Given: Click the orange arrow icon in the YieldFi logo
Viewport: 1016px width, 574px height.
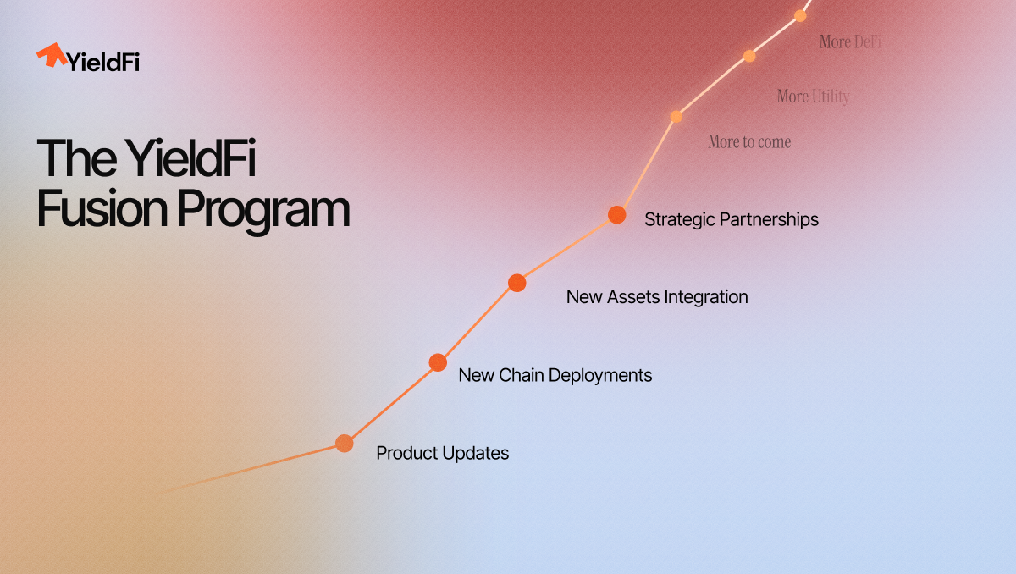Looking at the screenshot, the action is [52, 55].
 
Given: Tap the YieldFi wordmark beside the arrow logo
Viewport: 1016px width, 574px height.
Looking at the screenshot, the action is [103, 62].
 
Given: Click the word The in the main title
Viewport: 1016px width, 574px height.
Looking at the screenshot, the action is [76, 158].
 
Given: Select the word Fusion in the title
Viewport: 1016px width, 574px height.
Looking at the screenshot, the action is [102, 208].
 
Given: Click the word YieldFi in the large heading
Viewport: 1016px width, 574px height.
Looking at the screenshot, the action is [190, 157].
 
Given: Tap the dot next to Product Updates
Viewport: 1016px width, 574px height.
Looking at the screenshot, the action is [345, 443].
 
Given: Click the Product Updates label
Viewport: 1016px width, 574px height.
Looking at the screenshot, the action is [442, 453].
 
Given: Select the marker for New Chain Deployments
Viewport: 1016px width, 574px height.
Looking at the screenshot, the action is [438, 362].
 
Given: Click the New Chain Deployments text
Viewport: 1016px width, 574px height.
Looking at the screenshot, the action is [555, 375].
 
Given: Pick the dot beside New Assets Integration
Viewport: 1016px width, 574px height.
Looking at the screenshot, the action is [516, 283].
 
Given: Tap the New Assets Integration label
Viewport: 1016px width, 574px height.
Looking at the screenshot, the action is [657, 297].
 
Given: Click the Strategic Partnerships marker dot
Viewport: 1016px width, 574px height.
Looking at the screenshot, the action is [617, 214].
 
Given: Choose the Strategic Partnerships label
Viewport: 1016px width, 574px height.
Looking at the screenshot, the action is [732, 220].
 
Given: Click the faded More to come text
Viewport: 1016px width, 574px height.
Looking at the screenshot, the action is [749, 142].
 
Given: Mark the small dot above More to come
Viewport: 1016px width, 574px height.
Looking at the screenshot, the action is [676, 117].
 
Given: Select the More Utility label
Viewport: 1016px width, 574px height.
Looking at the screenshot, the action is [813, 97].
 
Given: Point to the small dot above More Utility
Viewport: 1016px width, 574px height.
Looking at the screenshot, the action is [749, 56].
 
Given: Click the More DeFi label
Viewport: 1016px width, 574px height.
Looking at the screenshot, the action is [850, 41].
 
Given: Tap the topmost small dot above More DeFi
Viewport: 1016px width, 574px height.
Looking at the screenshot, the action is [800, 16].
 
